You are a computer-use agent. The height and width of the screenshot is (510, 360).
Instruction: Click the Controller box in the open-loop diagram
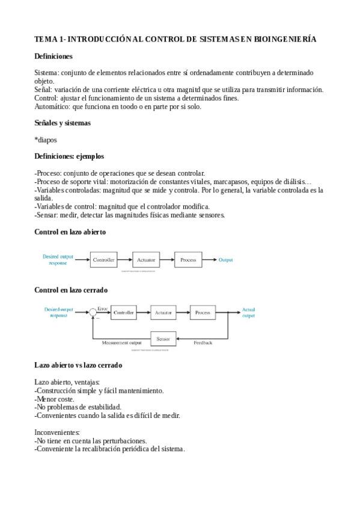tap(104, 260)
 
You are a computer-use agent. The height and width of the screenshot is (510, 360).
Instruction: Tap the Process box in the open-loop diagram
tap(188, 260)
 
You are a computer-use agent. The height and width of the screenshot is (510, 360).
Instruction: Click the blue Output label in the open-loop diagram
tap(225, 260)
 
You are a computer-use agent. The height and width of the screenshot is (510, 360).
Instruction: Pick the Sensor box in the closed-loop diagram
tap(163, 339)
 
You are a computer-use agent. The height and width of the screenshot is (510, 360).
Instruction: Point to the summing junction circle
tap(93, 313)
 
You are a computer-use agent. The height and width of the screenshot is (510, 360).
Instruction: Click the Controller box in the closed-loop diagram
tap(124, 313)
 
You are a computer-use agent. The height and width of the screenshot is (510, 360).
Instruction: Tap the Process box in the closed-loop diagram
tap(203, 313)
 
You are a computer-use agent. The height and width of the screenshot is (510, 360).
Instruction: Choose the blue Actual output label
tap(248, 313)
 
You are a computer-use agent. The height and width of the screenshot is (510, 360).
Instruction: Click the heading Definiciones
tap(53, 56)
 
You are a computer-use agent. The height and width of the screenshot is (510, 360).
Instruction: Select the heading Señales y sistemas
tap(63, 123)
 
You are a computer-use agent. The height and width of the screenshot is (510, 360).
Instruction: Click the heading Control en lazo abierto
tap(70, 232)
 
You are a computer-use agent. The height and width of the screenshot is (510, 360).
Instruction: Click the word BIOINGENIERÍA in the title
tap(285, 39)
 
